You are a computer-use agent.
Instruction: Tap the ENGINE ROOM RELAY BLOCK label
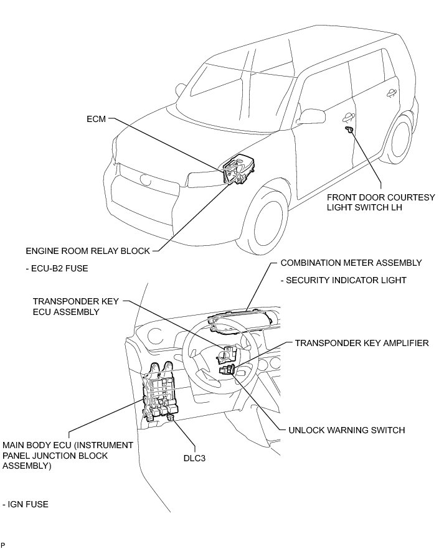(88, 251)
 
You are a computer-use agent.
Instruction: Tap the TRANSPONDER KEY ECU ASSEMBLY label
(74, 306)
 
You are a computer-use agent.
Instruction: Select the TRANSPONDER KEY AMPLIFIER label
(362, 343)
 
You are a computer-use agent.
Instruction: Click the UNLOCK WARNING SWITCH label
(347, 430)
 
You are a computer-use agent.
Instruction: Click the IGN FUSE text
(26, 504)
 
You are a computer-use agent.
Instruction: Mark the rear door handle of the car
(391, 93)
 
